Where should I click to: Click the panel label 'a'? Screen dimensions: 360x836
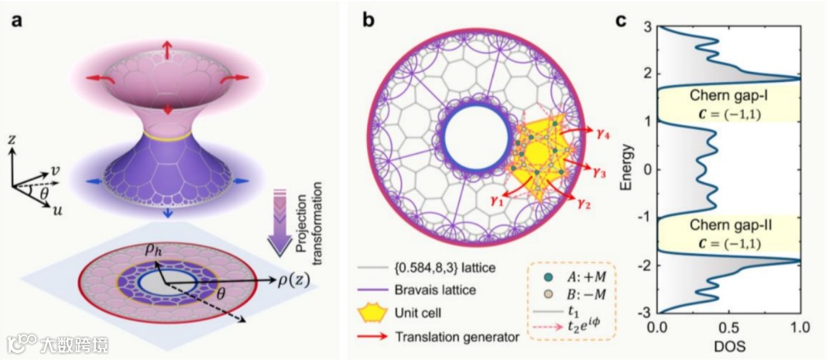pos(16,19)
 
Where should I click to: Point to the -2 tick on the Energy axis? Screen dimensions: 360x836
pos(649,266)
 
